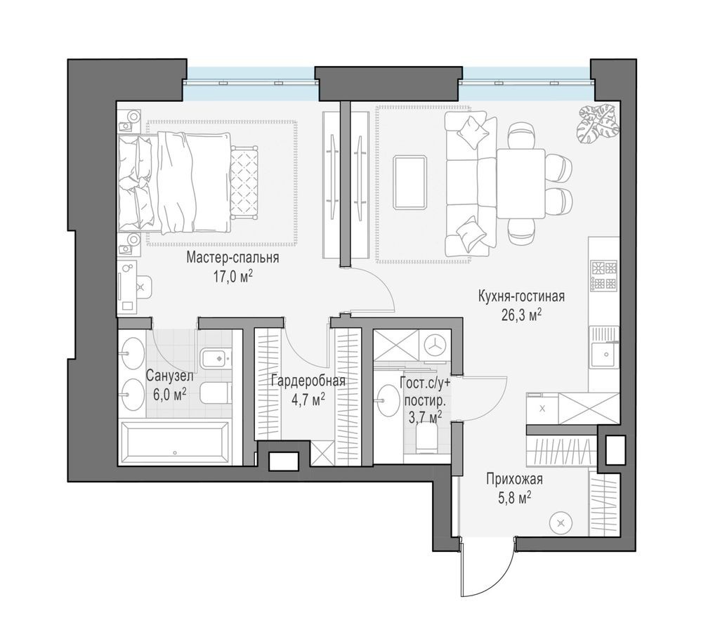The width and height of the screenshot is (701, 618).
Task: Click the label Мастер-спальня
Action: point(232,258)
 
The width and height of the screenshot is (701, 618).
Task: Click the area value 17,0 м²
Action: point(232,276)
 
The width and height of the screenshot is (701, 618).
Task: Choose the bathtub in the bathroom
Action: point(175,442)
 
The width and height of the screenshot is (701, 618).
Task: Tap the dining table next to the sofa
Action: point(520,183)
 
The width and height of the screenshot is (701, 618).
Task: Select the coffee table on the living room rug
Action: point(410,183)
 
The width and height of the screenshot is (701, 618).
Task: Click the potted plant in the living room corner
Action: point(598,123)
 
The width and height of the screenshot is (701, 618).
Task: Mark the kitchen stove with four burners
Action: point(603,275)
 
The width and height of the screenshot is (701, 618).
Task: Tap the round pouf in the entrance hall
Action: point(560,522)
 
